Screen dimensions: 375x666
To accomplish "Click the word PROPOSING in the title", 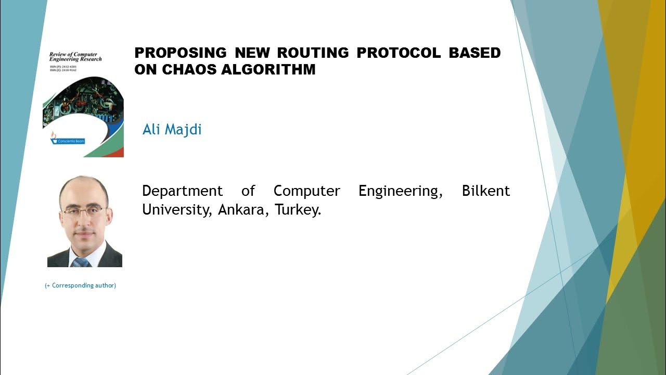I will click(x=181, y=53).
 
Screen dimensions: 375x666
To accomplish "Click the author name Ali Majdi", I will click(x=172, y=129).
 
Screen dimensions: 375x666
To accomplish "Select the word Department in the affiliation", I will click(x=182, y=191).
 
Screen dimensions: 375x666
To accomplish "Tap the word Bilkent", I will click(x=485, y=191).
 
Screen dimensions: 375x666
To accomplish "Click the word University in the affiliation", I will click(x=174, y=210).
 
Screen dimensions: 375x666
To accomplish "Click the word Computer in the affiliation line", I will click(x=306, y=191).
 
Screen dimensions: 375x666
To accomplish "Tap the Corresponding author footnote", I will click(x=80, y=285).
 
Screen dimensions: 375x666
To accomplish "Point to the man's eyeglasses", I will click(x=84, y=211).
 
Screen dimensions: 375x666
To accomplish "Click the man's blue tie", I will click(x=82, y=261).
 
